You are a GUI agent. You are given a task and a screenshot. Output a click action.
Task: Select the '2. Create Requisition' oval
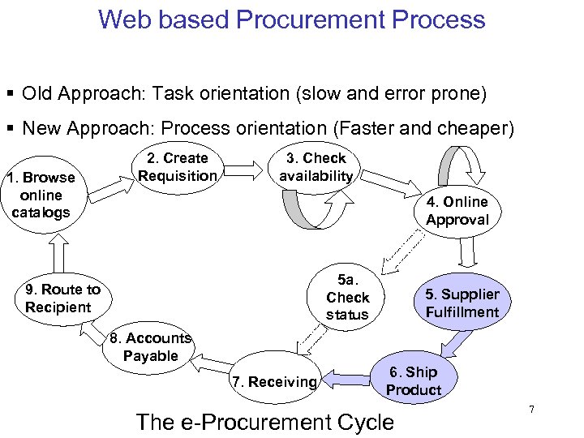(177, 167)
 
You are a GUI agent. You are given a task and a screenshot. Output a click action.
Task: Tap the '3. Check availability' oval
(316, 167)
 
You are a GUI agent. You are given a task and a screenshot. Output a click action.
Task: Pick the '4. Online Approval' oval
(457, 211)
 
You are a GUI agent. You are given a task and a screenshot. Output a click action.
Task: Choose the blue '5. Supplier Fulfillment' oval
(462, 303)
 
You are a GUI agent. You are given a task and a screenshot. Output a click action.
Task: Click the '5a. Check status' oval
(347, 297)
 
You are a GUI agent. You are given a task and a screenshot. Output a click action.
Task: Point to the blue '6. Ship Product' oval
(414, 381)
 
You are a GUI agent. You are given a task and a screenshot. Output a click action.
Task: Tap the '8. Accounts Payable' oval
(151, 347)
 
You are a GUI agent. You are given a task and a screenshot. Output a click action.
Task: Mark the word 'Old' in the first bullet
(37, 94)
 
